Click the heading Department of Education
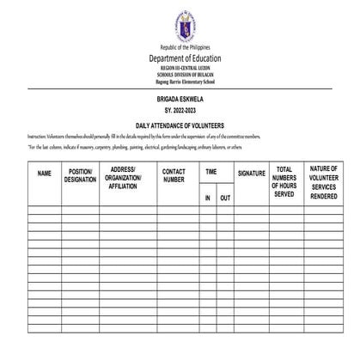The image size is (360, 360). [179, 58]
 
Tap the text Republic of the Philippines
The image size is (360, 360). [179, 47]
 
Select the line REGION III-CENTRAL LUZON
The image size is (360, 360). [179, 67]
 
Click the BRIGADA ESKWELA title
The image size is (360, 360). [179, 100]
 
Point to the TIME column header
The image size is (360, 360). [211, 172]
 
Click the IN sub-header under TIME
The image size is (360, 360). [207, 198]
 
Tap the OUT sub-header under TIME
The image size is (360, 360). [225, 198]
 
